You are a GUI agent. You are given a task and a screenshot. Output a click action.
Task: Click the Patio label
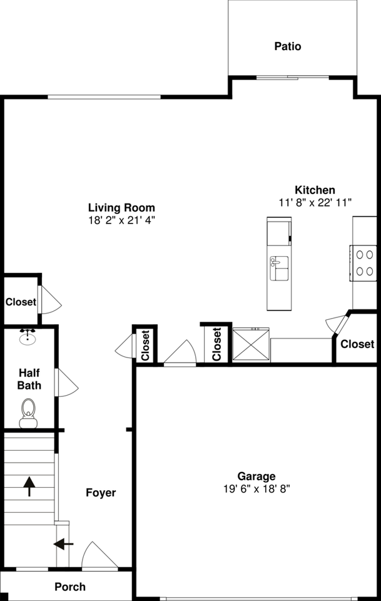(x=287, y=46)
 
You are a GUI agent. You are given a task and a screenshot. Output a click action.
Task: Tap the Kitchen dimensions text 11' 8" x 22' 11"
(x=315, y=202)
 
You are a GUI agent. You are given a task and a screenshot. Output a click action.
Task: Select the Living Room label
(x=121, y=208)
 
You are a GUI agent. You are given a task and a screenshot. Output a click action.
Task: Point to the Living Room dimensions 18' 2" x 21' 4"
(x=121, y=220)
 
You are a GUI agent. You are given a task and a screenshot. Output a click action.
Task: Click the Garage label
(x=256, y=476)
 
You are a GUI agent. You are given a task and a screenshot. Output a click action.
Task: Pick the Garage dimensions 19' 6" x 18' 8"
(x=256, y=489)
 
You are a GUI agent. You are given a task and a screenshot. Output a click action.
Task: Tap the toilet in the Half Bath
(x=28, y=413)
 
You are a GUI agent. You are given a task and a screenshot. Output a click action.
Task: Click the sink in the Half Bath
(x=27, y=337)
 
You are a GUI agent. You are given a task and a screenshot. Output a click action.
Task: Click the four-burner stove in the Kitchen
(x=365, y=263)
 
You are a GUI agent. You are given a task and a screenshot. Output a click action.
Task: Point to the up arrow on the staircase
(x=29, y=486)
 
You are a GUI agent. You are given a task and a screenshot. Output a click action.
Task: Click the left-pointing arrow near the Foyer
(x=63, y=544)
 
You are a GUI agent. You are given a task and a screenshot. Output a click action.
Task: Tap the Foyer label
(x=101, y=493)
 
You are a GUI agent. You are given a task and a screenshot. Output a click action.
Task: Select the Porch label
(x=70, y=587)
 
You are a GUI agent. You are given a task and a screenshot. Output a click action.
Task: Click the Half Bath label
(x=29, y=379)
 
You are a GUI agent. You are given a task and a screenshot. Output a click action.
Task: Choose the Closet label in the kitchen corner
(x=357, y=344)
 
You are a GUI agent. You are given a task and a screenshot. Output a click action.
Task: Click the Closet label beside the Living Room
(x=21, y=302)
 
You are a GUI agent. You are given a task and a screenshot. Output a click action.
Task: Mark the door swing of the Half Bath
(x=66, y=383)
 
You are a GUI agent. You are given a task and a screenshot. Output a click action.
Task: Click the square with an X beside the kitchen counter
(x=250, y=345)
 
